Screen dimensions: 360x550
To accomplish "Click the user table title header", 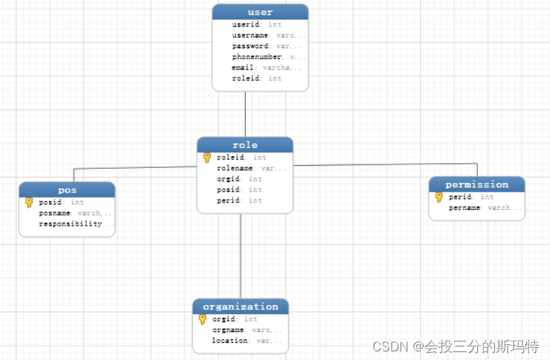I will point(260,12).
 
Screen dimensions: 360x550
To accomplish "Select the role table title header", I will point(245,145).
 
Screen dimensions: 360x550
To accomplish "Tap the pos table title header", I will point(67,190).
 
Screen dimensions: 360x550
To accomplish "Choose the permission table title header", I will point(477,185).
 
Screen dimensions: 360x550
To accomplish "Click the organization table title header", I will point(240,307).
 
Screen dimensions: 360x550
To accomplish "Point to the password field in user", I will point(250,46).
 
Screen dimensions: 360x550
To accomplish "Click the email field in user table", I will point(244,68).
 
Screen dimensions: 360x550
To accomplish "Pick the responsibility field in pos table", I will point(70,224).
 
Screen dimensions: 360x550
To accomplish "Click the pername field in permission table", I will point(465,208).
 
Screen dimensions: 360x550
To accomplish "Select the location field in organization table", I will point(229,341).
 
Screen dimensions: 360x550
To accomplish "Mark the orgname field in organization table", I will point(229,330).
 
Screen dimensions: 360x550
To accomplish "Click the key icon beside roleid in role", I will point(207,157).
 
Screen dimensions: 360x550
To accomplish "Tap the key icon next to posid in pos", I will point(29,203).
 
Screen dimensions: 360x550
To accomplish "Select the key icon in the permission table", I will point(439,197).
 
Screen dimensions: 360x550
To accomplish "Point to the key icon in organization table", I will point(203,319).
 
